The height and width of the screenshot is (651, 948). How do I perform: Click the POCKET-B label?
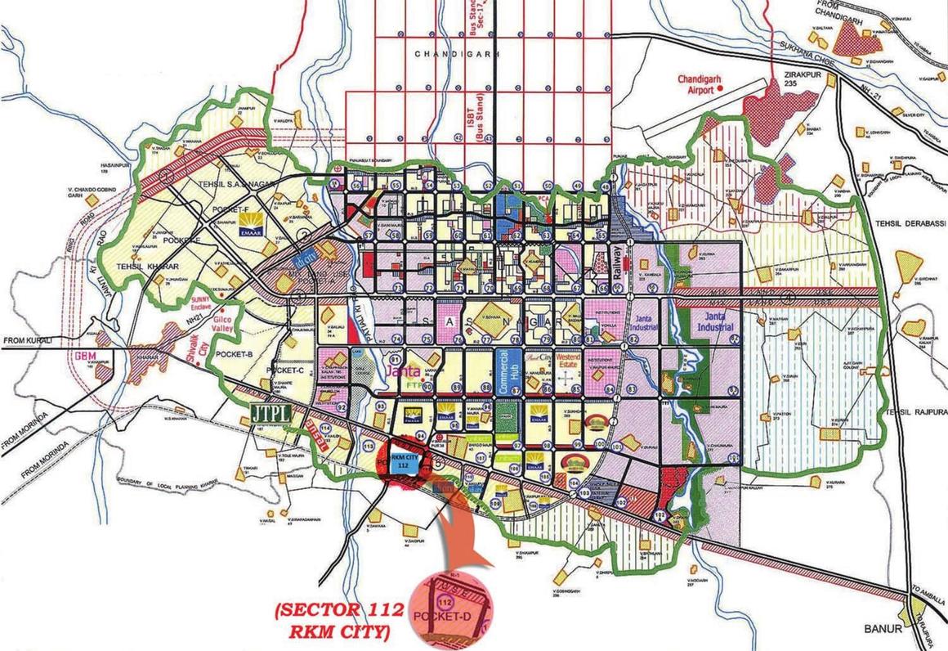[x=235, y=354]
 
